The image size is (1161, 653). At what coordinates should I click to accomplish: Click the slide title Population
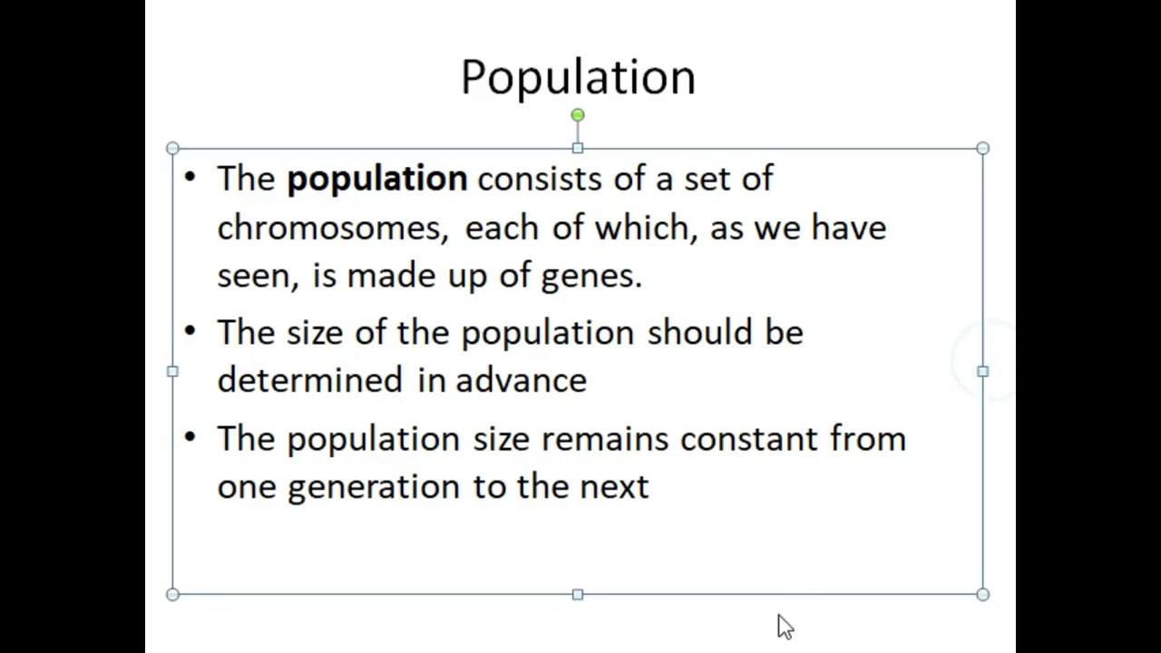[578, 77]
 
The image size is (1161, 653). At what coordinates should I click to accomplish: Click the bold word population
[376, 179]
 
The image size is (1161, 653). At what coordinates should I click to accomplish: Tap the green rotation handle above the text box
[578, 115]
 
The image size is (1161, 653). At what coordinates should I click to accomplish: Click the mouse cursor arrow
[784, 626]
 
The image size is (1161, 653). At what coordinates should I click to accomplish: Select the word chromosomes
[332, 227]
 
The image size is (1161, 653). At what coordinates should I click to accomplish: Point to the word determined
[309, 380]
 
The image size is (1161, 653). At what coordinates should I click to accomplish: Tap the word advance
[521, 380]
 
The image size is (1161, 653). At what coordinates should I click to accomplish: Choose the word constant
[748, 439]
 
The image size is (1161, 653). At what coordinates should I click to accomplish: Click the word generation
[375, 487]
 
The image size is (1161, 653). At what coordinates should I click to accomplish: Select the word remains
[604, 439]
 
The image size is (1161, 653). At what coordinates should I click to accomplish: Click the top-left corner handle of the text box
[173, 148]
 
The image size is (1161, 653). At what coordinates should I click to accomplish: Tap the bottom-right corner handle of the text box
[982, 594]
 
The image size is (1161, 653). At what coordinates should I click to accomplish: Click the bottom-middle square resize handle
[578, 594]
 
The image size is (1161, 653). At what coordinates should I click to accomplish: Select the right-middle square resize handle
[982, 371]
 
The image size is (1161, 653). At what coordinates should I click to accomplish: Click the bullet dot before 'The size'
[190, 331]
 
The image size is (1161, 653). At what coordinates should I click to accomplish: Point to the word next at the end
[614, 487]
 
